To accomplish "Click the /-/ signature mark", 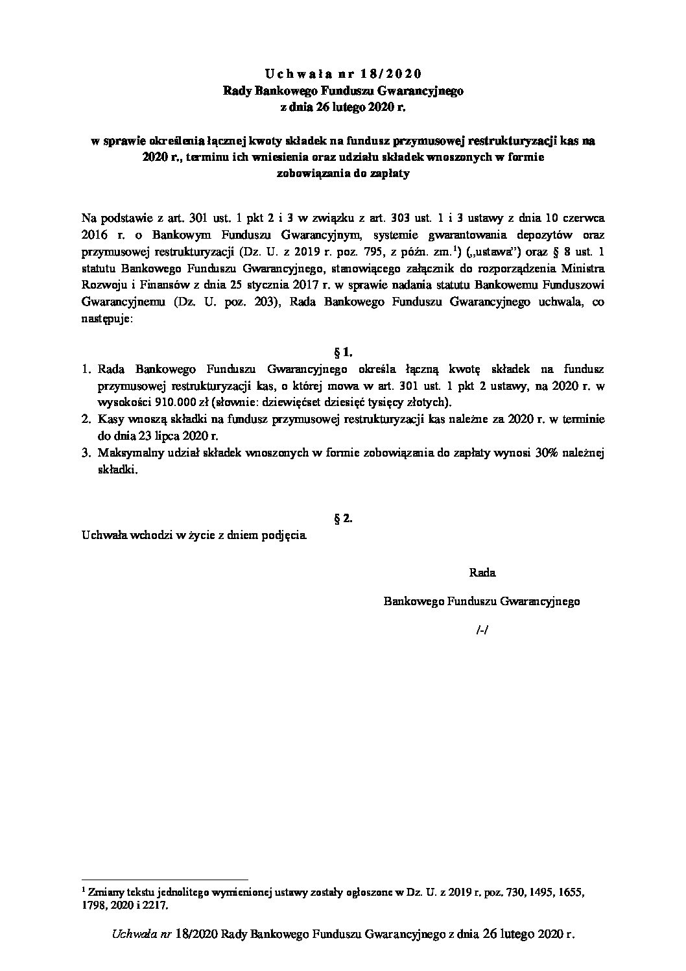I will coord(482,629).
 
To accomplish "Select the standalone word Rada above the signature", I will coord(482,573).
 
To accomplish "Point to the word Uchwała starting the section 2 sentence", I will coord(101,535).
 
